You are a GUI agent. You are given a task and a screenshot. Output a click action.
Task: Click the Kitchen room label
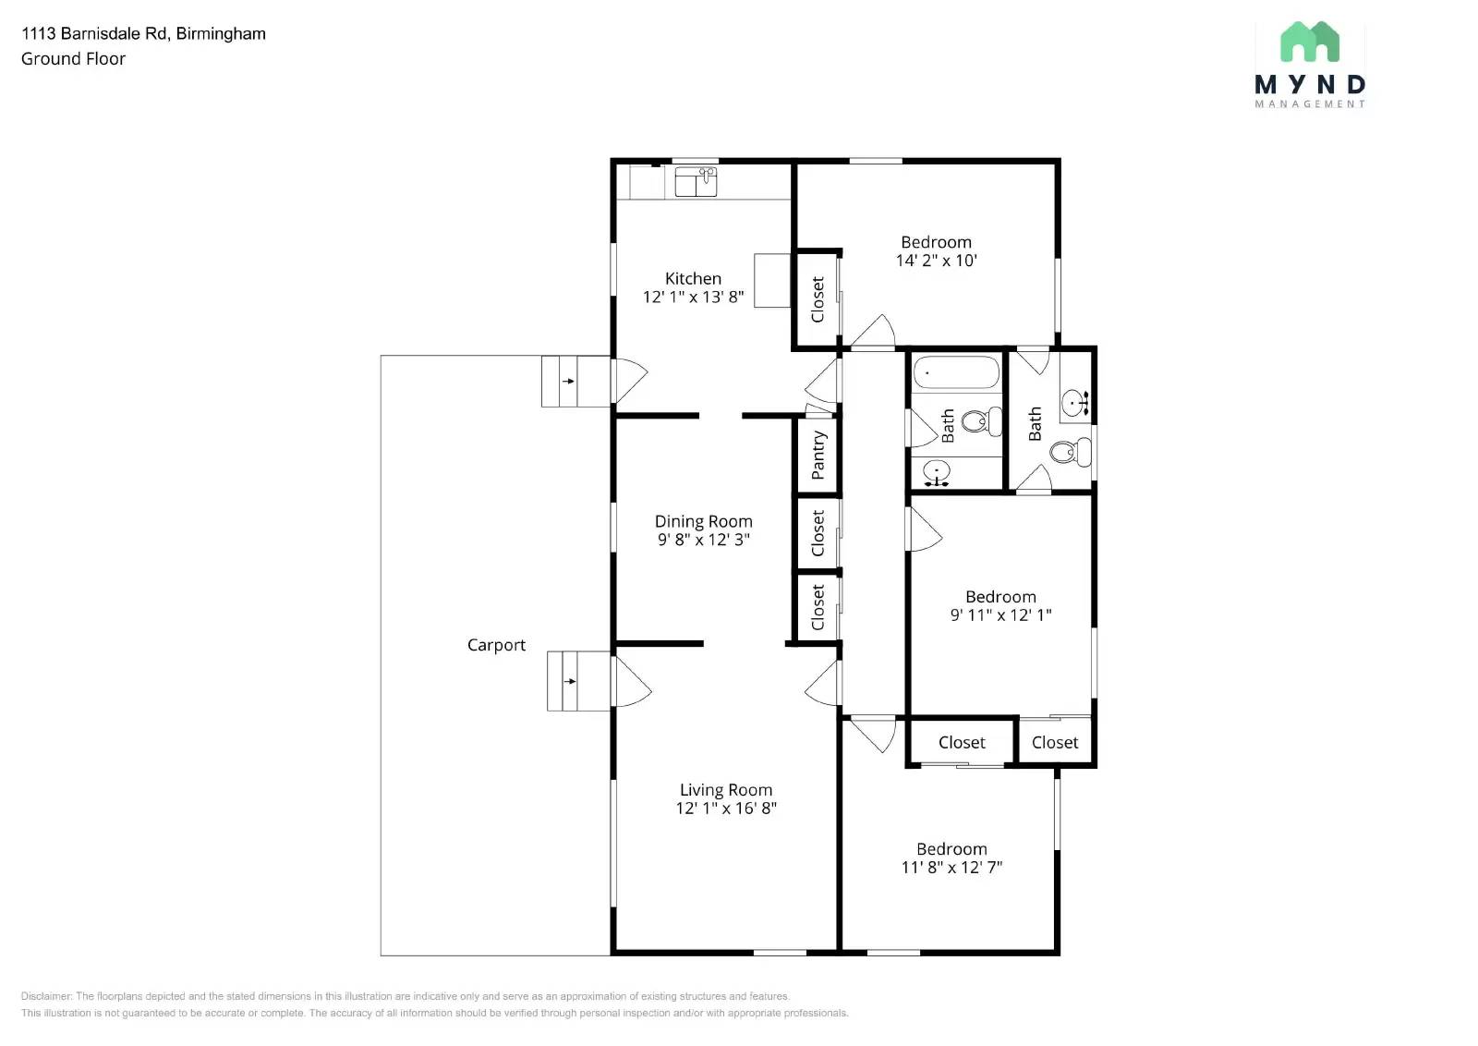click(693, 278)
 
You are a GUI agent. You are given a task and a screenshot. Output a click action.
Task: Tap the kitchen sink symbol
click(696, 181)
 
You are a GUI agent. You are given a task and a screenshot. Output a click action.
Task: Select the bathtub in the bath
click(956, 372)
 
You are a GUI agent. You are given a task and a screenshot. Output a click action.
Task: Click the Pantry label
click(818, 455)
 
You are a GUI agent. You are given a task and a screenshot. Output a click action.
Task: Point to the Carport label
click(496, 645)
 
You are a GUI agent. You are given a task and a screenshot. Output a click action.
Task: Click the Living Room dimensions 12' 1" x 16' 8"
click(726, 808)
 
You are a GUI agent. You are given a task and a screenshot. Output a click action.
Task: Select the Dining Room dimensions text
click(703, 539)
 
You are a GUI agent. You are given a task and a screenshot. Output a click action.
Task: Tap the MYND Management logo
click(1310, 65)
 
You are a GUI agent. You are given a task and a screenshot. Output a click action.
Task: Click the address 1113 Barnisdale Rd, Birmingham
click(143, 33)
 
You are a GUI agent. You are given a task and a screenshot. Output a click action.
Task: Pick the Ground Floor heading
click(73, 59)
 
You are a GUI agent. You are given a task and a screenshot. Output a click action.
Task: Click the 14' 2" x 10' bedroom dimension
click(936, 260)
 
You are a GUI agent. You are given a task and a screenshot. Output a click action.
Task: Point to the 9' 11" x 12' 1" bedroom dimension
click(1000, 614)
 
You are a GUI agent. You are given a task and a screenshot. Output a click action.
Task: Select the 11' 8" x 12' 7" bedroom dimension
click(951, 867)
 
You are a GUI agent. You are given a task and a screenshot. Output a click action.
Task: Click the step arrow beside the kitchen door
click(568, 381)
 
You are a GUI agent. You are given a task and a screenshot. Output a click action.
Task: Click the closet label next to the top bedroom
click(818, 299)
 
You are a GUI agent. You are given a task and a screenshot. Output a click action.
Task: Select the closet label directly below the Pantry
click(818, 533)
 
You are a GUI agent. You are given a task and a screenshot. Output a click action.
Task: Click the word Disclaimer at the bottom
click(45, 996)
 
